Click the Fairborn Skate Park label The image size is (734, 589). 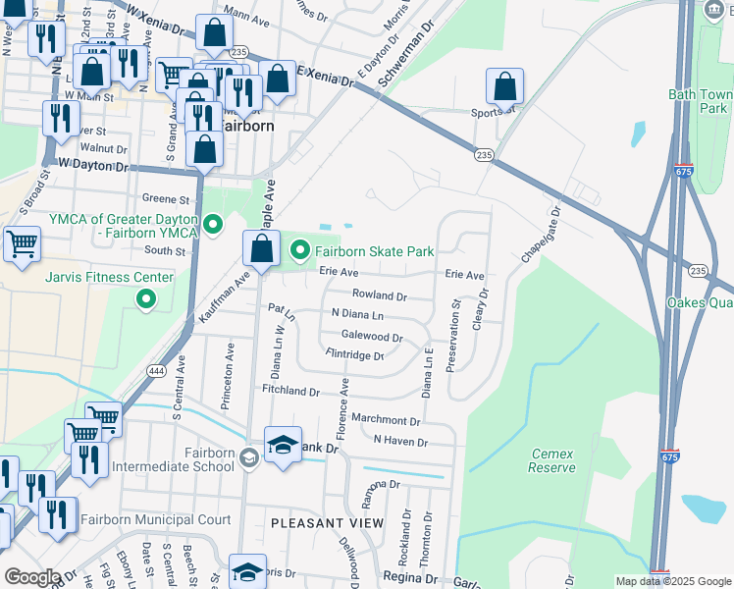coord(374,252)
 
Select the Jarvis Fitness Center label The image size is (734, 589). coord(109,277)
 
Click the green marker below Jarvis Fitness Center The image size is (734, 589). coord(146,298)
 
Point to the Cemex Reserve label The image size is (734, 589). coord(552,460)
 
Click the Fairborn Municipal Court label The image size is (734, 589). coord(156,519)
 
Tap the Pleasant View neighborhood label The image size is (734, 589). coord(327,523)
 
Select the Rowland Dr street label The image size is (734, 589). coord(379,295)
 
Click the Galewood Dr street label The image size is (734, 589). coord(372,337)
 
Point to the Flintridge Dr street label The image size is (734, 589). coord(354,355)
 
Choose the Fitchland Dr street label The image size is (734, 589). coord(290,391)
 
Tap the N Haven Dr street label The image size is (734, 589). coord(400,442)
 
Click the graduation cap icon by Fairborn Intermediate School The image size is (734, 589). coord(282,445)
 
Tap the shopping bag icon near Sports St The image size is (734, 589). coord(504,86)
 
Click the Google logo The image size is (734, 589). coord(32,577)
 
